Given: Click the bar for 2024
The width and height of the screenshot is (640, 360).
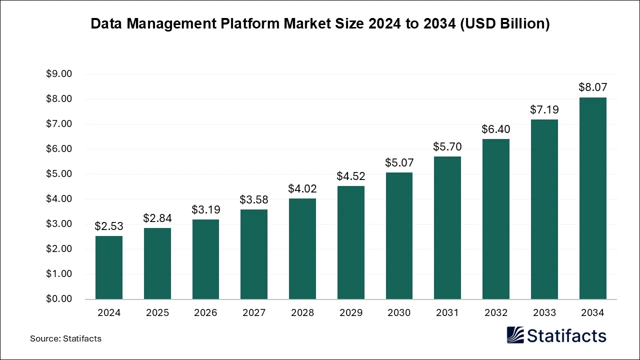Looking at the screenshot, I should click(109, 267).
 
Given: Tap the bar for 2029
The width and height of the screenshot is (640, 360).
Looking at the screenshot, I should click(350, 242).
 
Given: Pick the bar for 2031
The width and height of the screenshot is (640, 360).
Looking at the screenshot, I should click(447, 228).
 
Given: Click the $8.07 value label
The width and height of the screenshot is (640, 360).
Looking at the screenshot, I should click(592, 87).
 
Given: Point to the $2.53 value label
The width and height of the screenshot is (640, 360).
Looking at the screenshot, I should click(109, 226).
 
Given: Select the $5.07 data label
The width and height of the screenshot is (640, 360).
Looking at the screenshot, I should click(399, 162).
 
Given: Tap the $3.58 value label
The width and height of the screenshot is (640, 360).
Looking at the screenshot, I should click(254, 199).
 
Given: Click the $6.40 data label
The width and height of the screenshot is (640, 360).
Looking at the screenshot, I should click(496, 129).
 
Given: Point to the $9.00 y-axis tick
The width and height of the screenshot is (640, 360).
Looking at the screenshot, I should click(59, 74).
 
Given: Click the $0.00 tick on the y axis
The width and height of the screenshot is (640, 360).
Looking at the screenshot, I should click(59, 299).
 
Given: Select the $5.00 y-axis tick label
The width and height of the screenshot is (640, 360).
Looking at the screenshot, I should click(59, 174).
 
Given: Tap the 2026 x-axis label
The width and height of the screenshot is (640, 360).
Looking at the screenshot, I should click(205, 313).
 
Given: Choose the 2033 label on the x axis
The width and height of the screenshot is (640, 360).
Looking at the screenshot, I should click(544, 313).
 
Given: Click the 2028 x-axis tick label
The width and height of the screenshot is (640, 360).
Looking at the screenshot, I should click(302, 313).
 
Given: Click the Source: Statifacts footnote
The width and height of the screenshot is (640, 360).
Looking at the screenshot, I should click(65, 338).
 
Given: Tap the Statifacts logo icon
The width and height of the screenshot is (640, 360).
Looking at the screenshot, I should click(515, 335).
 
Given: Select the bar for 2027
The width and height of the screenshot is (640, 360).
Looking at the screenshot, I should click(254, 254).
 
